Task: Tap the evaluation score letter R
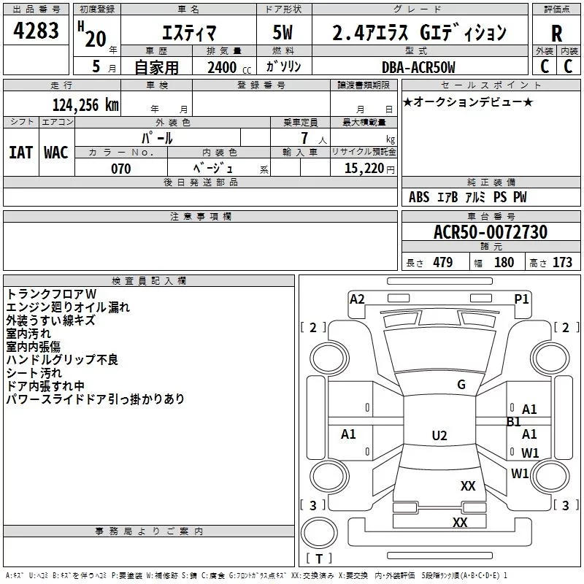point(556,34)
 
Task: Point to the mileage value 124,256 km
point(85,104)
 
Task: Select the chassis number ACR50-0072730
point(490,232)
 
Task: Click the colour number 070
point(120,169)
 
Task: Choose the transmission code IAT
point(20,152)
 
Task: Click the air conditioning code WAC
point(55,152)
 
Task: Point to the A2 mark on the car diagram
point(357,299)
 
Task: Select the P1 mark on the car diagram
point(521,299)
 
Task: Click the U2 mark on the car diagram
point(439,436)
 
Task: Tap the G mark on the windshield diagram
point(461,385)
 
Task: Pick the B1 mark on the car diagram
point(513,422)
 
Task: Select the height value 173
point(562,263)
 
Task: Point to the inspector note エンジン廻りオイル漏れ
point(67,307)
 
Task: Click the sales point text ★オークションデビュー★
point(468,102)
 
